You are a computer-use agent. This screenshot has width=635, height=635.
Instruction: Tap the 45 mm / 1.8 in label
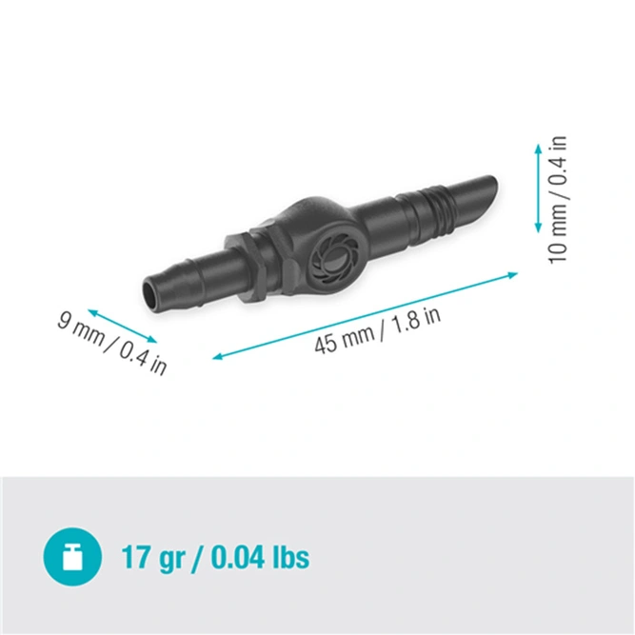(x=377, y=329)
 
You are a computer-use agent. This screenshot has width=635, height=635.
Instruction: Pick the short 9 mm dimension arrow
(x=123, y=325)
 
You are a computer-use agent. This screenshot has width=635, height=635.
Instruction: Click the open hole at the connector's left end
(x=150, y=291)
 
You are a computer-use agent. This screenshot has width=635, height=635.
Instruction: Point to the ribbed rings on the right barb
(x=420, y=205)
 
